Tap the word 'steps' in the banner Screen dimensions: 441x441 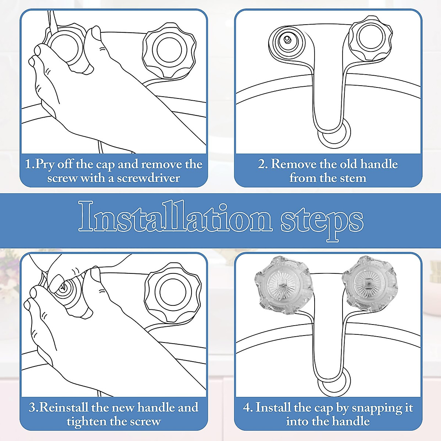pos(322,222)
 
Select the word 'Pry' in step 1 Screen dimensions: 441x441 pos(45,164)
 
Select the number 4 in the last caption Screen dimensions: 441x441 pos(246,408)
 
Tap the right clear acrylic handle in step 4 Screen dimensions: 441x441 pos(370,284)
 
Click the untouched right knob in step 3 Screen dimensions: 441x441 pos(173,291)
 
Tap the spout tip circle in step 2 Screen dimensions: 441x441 pos(334,136)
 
